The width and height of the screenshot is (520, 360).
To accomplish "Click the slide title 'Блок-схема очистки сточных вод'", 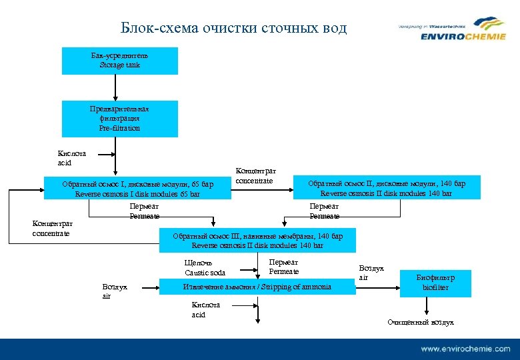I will (x=233, y=28).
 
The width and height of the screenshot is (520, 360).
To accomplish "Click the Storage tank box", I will (x=120, y=61).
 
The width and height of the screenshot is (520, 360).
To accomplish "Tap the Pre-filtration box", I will (x=120, y=119).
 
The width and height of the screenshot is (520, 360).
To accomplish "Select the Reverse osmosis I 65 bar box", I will (x=137, y=189).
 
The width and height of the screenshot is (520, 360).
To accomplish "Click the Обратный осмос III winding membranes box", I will (x=257, y=241).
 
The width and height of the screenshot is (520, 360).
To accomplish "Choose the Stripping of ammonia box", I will (x=257, y=287).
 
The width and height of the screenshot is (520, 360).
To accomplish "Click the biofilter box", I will (x=435, y=283).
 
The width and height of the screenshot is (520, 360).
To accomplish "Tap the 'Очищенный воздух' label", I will (x=421, y=323).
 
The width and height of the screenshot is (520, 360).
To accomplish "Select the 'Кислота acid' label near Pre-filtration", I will (x=72, y=158).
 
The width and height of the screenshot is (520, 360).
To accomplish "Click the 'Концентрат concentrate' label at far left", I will (x=53, y=229).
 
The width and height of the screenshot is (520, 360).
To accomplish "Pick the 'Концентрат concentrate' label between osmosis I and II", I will (x=256, y=176).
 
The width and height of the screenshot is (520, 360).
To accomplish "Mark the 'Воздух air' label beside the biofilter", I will (x=371, y=273).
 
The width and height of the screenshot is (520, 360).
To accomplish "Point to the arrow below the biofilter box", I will (x=427, y=306).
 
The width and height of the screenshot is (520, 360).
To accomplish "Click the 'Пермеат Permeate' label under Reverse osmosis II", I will (x=325, y=211).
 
